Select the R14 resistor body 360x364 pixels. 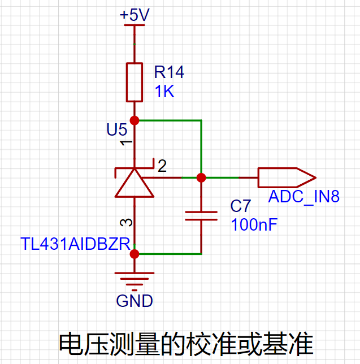click(x=135, y=82)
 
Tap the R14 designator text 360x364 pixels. click(x=169, y=72)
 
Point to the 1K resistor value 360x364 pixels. click(x=164, y=91)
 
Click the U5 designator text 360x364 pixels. click(x=117, y=129)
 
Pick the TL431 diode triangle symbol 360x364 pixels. click(x=135, y=183)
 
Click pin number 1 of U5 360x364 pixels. click(x=126, y=142)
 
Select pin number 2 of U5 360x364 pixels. click(x=162, y=166)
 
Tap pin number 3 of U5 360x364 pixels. click(x=126, y=222)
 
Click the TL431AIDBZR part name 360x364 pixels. click(x=75, y=244)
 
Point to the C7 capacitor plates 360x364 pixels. click(x=201, y=216)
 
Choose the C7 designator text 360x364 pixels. click(x=240, y=206)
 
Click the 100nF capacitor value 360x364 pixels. click(x=254, y=224)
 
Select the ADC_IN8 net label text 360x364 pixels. click(x=304, y=196)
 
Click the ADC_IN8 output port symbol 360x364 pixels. click(x=287, y=177)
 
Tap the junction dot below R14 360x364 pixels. click(x=135, y=120)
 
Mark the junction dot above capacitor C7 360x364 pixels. click(x=201, y=178)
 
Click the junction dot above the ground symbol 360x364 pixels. click(x=135, y=254)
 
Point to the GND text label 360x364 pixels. click(x=135, y=301)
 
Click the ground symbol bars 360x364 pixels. click(x=135, y=281)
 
